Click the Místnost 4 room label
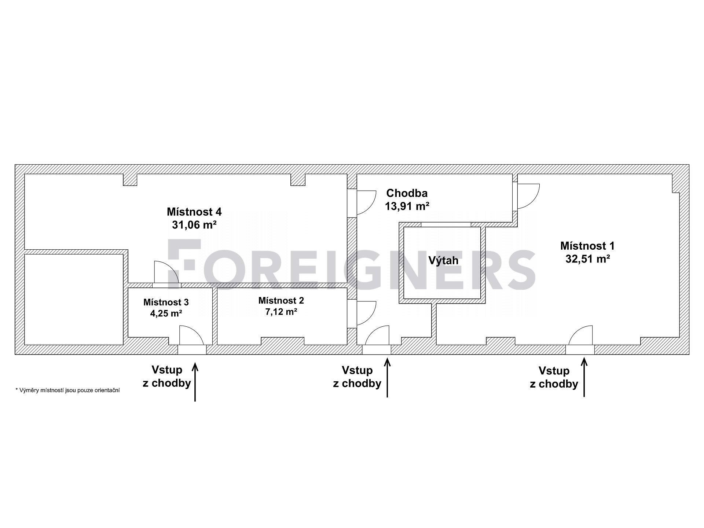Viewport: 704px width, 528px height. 194,212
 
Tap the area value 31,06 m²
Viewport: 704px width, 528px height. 194,225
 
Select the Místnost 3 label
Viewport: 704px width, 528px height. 166,302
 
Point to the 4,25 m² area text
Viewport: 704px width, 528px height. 166,314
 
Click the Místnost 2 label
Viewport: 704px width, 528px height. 281,301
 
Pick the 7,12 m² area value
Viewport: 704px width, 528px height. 281,312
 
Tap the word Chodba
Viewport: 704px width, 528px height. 407,193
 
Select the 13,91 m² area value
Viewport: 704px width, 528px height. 407,206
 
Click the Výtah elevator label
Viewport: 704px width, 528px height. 444,261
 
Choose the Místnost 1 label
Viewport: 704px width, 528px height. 587,246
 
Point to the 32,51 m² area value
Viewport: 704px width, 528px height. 587,259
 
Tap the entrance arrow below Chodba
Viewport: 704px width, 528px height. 388,378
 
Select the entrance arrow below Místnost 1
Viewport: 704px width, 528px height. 584,378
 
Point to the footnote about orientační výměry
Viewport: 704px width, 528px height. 67,390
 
